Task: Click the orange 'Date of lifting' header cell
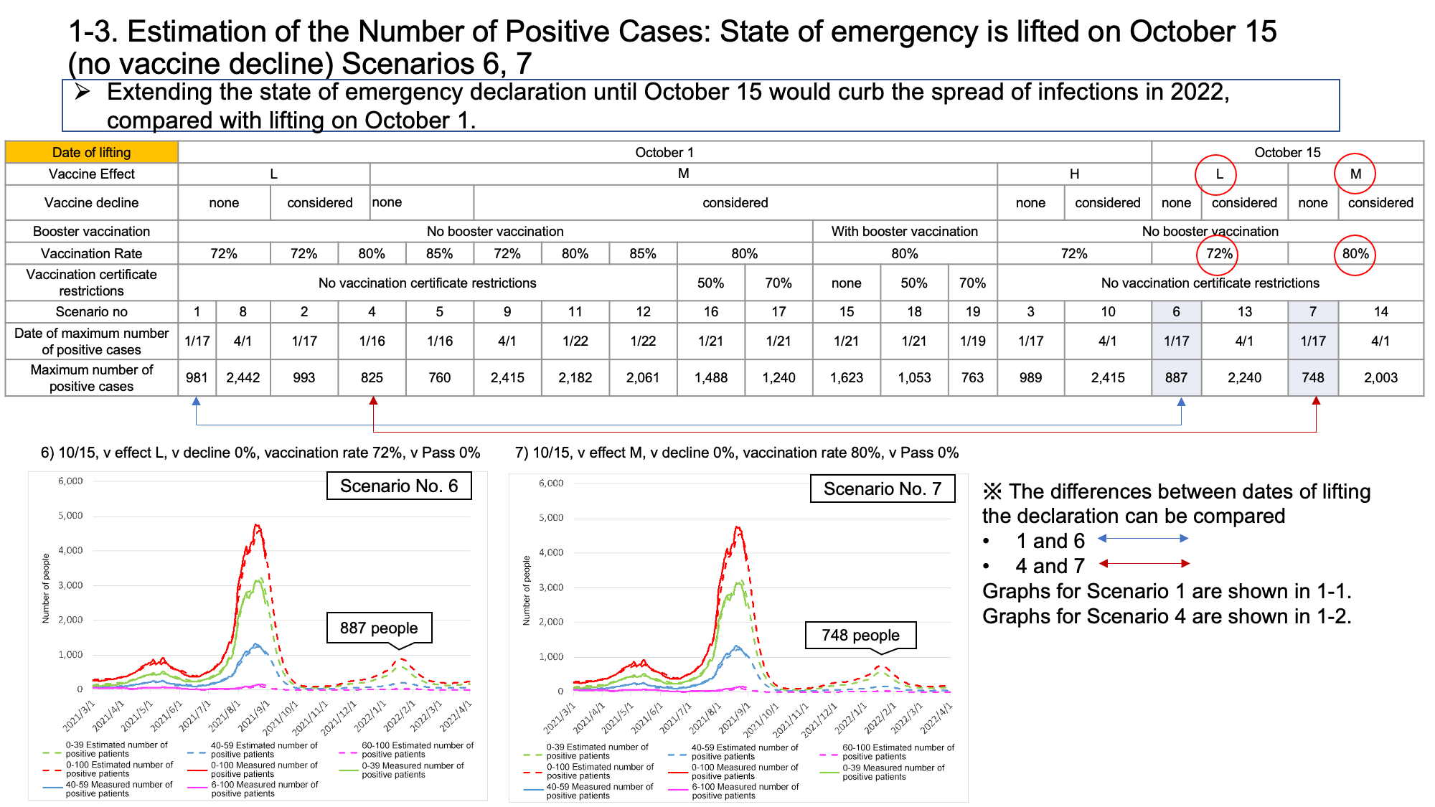92,152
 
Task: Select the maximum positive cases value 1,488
710,377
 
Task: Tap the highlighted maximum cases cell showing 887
1177,377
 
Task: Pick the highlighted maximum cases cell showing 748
1313,377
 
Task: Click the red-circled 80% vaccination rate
1355,254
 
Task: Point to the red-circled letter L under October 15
1218,174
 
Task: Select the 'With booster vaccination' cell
904,231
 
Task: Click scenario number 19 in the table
972,311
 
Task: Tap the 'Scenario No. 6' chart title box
399,486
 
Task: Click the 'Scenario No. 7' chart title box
883,489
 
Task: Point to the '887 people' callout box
380,628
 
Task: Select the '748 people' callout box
861,636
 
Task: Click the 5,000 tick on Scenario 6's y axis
70,516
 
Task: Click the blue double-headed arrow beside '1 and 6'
1143,538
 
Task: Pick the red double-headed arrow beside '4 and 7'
1144,563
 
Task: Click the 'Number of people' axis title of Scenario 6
46,587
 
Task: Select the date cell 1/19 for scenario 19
972,341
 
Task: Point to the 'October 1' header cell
664,152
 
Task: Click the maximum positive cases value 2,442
243,377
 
